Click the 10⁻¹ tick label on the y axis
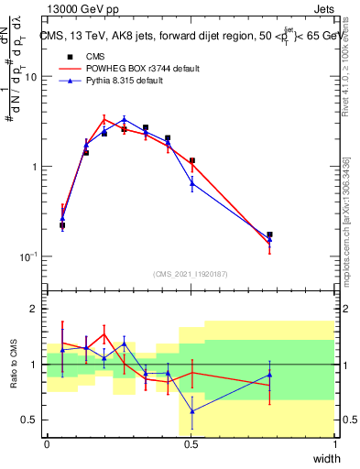[x=30, y=256]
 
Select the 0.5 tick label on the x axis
[x=191, y=444]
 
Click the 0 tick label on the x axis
[x=47, y=444]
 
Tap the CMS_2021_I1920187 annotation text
[x=191, y=273]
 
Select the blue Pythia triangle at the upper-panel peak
[x=125, y=119]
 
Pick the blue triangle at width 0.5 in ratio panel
[x=192, y=411]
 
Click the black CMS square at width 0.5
[x=192, y=161]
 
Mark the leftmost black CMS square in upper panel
[x=62, y=225]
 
